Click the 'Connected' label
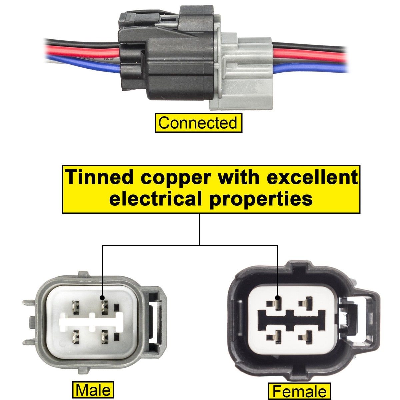click(198, 123)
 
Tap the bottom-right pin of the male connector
click(105, 336)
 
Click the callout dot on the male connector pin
click(102, 298)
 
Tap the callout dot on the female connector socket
click(277, 298)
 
